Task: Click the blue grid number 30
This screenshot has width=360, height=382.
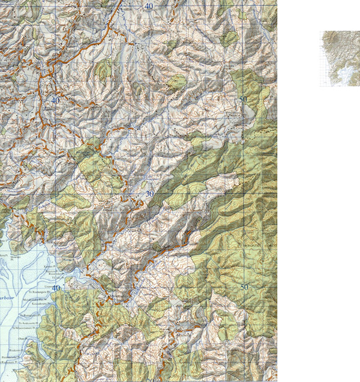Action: coord(149,193)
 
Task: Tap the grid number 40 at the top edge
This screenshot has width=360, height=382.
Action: coord(148,5)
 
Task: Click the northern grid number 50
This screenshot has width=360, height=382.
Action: coord(243,99)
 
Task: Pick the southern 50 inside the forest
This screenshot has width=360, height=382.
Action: coord(244,287)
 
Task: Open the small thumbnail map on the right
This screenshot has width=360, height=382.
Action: coord(340,58)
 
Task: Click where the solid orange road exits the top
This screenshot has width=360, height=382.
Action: coord(122,2)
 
